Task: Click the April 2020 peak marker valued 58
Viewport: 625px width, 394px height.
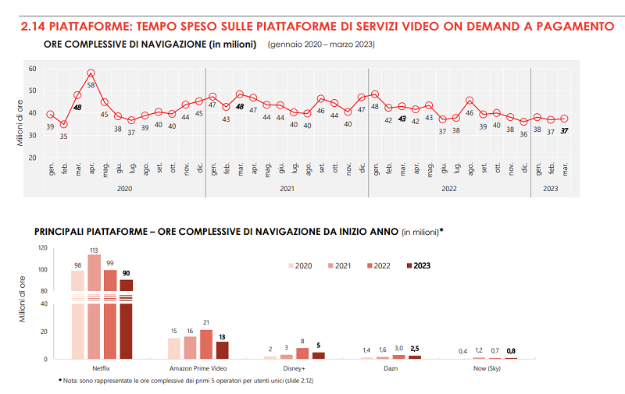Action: point(91,73)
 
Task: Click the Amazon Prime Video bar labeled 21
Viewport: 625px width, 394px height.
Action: point(206,344)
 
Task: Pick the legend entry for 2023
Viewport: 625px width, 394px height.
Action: point(418,265)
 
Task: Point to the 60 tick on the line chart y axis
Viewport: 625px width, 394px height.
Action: point(33,69)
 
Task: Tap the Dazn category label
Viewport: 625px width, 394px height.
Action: point(391,367)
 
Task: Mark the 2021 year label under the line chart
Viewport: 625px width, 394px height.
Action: point(287,188)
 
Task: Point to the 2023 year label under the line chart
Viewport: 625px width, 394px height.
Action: point(550,188)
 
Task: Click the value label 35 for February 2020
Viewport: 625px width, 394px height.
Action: point(63,136)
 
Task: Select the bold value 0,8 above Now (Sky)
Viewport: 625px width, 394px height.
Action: point(512,351)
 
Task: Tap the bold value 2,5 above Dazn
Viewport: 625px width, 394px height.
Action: point(414,348)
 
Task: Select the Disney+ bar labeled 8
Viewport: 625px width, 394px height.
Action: point(302,353)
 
